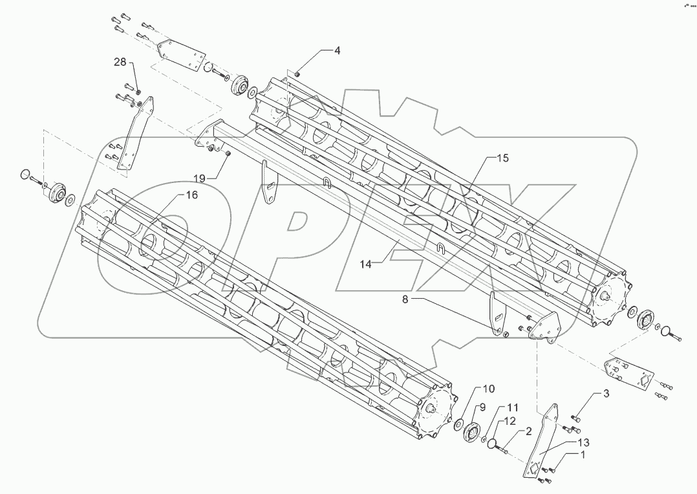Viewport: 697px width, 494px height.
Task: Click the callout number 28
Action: point(121,61)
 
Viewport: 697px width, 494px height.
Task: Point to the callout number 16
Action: point(192,195)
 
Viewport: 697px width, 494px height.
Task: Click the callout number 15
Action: point(503,158)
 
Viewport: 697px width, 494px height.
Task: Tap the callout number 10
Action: point(489,389)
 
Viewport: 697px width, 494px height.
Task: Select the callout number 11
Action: point(513,408)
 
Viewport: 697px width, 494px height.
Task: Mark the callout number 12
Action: point(510,421)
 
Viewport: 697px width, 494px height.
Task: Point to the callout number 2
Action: point(528,431)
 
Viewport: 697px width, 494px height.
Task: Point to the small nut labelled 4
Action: point(297,74)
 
